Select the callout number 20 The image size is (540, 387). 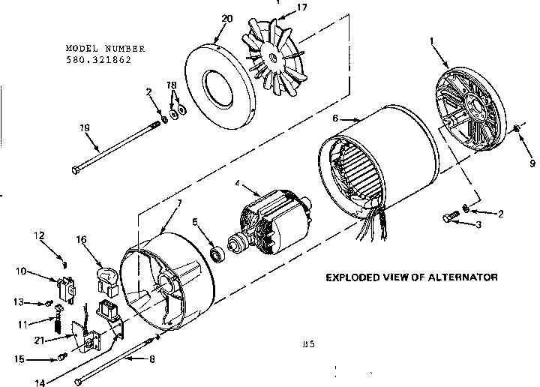pos(227,17)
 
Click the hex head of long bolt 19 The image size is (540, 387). pos(76,170)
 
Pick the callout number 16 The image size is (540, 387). pos(81,240)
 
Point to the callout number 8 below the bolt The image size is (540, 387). pos(153,359)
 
